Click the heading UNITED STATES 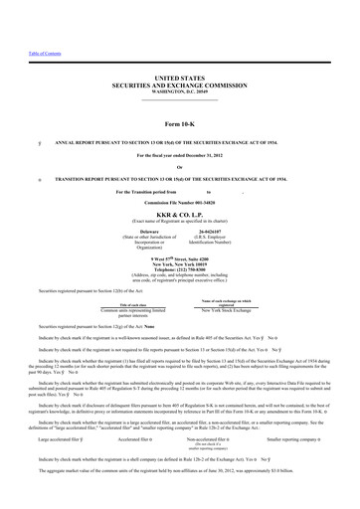[x=179, y=78]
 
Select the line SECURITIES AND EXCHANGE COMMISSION [x=179, y=85]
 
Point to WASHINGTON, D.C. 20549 [x=179, y=91]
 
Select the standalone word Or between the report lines [x=179, y=166]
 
